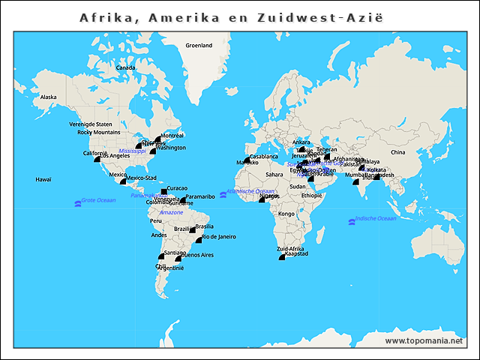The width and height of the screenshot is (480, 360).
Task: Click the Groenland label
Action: coord(199,45)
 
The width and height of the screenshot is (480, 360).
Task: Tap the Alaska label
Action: coord(48,97)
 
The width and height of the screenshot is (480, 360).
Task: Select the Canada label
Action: coord(125,67)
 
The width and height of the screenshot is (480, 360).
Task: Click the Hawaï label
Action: coord(43,179)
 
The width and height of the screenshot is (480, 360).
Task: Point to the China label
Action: coord(397,152)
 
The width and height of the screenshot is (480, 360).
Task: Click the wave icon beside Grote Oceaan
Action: coord(76,202)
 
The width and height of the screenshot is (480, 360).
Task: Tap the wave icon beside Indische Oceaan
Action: coord(351,220)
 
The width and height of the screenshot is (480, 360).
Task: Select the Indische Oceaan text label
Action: coord(376,218)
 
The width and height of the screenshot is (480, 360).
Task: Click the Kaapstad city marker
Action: coord(282,257)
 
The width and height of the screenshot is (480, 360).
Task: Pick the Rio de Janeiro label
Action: coord(219,236)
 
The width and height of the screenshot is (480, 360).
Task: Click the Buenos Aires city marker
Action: coord(178,258)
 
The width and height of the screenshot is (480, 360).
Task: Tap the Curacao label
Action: coord(177,188)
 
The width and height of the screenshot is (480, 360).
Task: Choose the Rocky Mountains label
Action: coord(99,132)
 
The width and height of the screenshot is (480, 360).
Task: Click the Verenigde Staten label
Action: coord(91,124)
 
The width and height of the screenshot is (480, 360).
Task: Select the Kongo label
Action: coord(286,214)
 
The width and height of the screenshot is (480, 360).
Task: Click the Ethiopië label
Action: coord(311,195)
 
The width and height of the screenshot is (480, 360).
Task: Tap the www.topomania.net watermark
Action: coord(424,341)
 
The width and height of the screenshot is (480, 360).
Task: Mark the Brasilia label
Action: coord(205,226)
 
